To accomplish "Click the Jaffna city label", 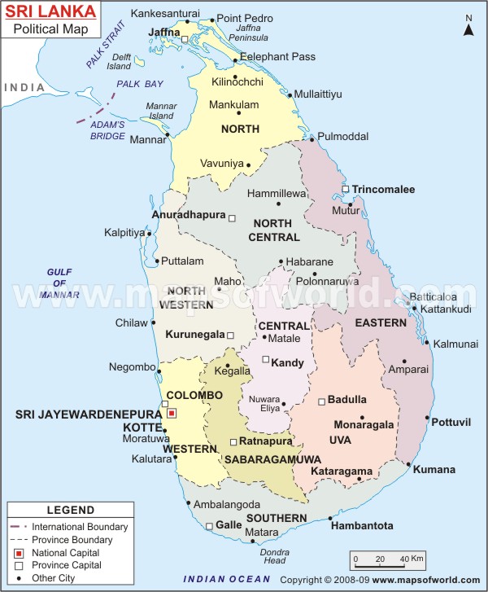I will tap(163, 33).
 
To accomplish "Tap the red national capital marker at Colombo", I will tap(171, 414).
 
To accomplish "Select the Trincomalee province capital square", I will tap(346, 189).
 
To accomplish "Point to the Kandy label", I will tap(288, 362).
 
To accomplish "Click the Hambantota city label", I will tap(362, 526).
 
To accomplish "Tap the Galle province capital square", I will tap(209, 526).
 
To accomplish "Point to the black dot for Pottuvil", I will tap(426, 418).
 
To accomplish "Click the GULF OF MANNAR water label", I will tap(61, 283).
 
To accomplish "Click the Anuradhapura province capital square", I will tap(232, 218).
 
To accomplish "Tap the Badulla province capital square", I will tap(322, 401).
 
